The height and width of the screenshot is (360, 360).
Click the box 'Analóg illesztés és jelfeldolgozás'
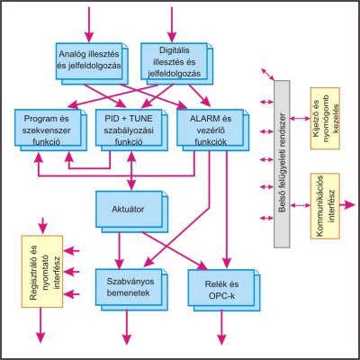92,64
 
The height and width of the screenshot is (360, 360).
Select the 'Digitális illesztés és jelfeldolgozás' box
177,64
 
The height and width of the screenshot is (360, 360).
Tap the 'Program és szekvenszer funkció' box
50,130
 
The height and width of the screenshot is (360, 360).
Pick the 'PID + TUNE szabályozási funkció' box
131,130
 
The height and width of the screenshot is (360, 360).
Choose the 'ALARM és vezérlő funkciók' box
213,130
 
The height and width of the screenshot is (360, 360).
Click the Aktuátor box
132,211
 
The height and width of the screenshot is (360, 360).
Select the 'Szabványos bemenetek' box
132,290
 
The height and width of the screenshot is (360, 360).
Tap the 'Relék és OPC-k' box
224,291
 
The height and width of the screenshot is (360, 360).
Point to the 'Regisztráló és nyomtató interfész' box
42,272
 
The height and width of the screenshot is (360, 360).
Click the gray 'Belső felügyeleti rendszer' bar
282,164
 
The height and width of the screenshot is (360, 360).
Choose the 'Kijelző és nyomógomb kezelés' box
325,119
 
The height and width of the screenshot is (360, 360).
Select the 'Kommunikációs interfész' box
325,206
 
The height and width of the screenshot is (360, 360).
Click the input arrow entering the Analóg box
89,24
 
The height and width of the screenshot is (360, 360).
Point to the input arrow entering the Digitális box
172,24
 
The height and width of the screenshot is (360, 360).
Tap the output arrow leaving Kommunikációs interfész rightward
347,205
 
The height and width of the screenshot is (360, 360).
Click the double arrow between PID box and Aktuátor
131,171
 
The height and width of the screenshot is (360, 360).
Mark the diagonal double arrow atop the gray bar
267,75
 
